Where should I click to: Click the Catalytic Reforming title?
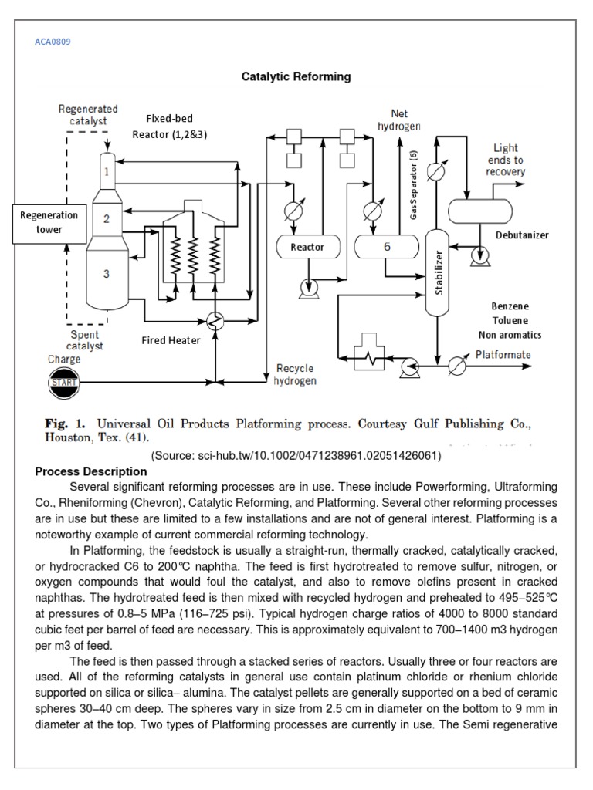[x=296, y=76]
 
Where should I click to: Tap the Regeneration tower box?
[x=49, y=222]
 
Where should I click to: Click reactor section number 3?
[x=107, y=273]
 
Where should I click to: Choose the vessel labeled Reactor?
[x=307, y=247]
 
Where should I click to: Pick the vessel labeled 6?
[x=386, y=247]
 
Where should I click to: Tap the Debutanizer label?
[x=522, y=235]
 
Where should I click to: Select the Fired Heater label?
[x=171, y=339]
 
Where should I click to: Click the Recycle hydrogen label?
[x=295, y=374]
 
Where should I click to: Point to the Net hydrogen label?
[x=399, y=120]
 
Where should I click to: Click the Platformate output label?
[x=503, y=354]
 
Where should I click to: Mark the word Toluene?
[x=510, y=320]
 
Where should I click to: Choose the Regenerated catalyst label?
[x=88, y=115]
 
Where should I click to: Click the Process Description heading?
[x=91, y=471]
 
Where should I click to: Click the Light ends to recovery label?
[x=505, y=160]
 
